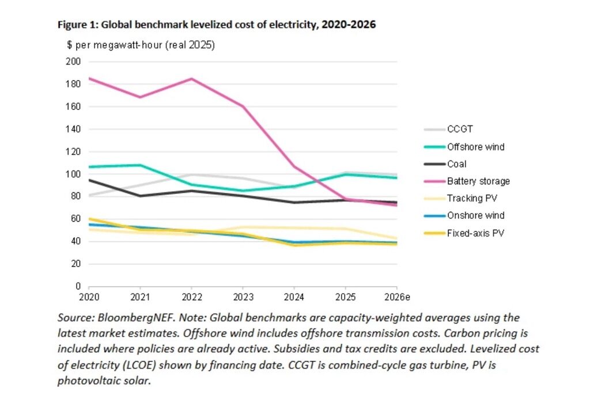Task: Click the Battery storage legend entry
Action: [x=478, y=181]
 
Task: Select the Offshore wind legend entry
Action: [x=475, y=147]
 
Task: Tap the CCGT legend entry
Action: [x=459, y=130]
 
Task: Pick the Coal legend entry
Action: [x=456, y=164]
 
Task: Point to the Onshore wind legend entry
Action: [x=475, y=215]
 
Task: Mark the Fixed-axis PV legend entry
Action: [x=474, y=233]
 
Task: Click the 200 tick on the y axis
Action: [x=73, y=62]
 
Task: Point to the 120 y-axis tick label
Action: [x=73, y=152]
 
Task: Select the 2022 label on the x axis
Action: [x=191, y=298]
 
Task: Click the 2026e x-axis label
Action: [x=396, y=298]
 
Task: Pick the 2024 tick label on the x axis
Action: [x=294, y=298]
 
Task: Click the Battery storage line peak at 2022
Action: [x=191, y=79]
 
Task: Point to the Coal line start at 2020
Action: [x=89, y=180]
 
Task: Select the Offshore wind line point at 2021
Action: [x=140, y=165]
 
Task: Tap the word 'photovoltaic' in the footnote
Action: [x=86, y=381]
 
